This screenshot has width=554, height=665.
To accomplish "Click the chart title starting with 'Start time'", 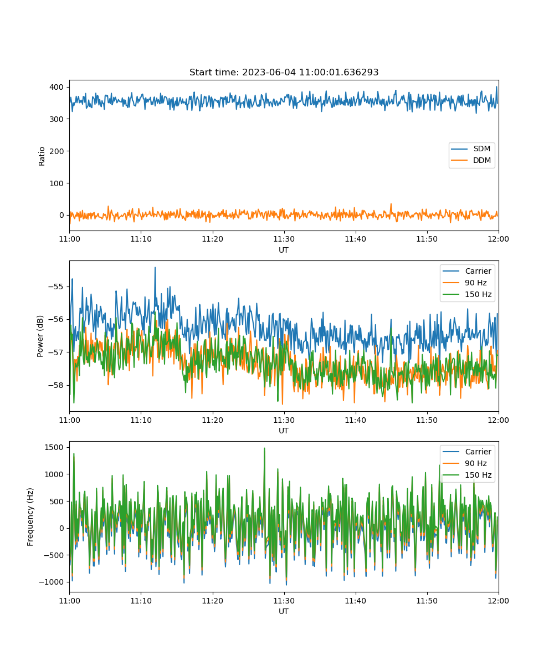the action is point(284,72).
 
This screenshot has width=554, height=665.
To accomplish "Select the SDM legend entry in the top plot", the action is point(471,149).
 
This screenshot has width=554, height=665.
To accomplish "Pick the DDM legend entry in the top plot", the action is point(471,160).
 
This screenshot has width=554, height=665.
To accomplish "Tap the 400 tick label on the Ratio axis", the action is point(57,87).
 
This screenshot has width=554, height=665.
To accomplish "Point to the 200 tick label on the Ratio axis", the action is point(57,151).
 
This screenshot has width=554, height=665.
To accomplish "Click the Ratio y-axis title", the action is point(42,156).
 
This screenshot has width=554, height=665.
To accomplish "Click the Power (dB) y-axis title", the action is point(40,336).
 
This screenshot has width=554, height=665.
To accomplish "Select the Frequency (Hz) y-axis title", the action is point(30,517).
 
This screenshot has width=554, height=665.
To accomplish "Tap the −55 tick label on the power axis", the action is point(56,287).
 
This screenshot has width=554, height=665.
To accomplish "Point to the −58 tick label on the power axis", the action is point(56,385).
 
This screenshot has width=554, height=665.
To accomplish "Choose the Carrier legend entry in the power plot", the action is point(467,271).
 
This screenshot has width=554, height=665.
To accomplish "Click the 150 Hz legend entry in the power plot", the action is point(467,294).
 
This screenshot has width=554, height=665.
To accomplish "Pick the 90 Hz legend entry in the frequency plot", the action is point(465,463).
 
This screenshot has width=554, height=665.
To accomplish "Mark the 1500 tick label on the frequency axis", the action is point(54,447).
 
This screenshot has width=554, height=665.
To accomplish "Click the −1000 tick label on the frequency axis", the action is point(52,582).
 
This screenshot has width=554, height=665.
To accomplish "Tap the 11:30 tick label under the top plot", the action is point(284,239).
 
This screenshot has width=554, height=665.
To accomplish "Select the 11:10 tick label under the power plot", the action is point(141,420).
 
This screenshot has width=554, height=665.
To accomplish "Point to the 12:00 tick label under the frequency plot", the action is point(498,601).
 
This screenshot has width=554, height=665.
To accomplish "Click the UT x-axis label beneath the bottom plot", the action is point(283,611).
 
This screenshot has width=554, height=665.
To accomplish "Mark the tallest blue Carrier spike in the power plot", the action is point(155,268).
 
